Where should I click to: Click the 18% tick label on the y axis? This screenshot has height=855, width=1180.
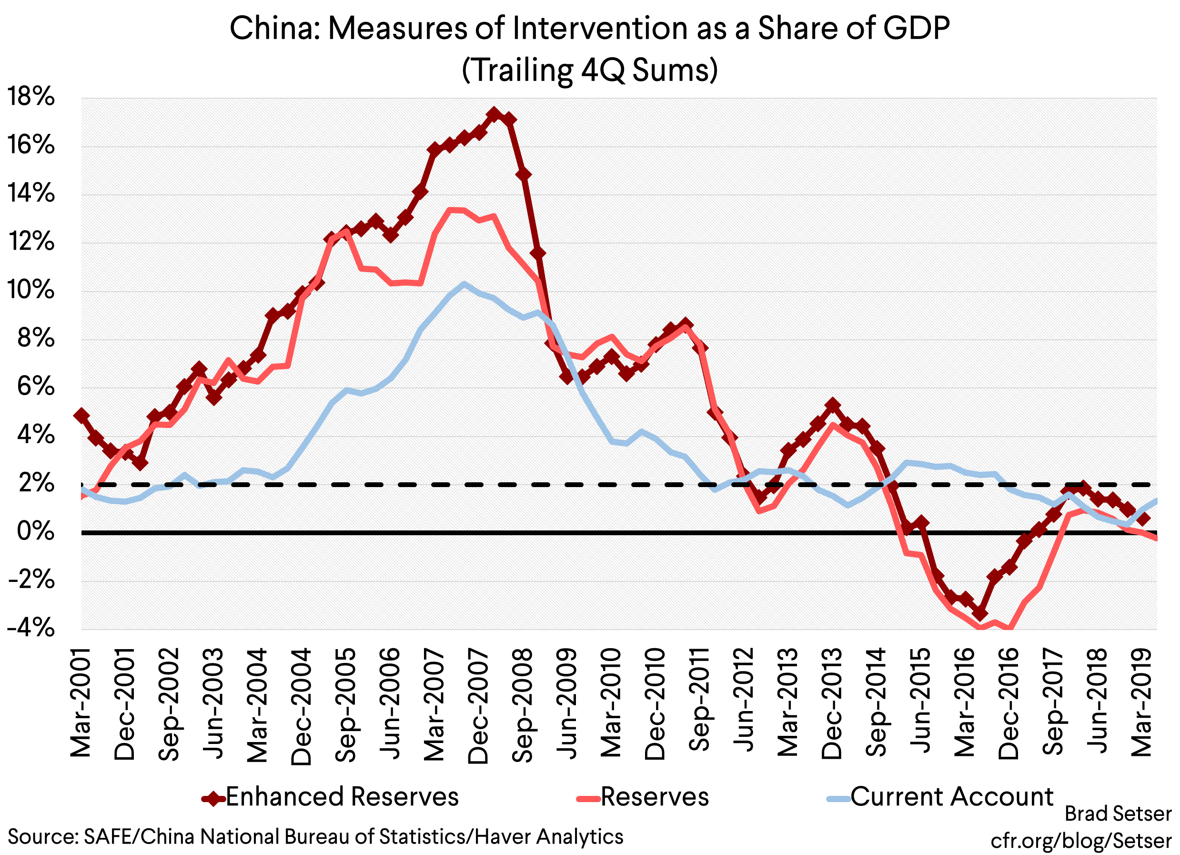tap(30, 97)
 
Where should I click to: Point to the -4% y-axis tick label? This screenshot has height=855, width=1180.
tap(30, 628)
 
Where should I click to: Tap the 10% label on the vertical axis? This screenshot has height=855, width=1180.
tap(30, 290)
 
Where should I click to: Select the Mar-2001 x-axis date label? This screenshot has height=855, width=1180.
tap(81, 702)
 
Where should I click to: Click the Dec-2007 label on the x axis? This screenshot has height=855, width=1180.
tap(479, 706)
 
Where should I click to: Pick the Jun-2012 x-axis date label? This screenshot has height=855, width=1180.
tap(744, 700)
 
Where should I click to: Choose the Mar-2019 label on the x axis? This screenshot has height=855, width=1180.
tap(1142, 702)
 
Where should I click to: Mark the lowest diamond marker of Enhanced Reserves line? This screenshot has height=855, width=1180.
tap(980, 613)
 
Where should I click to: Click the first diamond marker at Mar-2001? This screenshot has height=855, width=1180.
tap(81, 415)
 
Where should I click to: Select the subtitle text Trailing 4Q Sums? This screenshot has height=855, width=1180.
tap(589, 70)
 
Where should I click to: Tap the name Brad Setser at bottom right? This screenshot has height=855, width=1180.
tap(1118, 814)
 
